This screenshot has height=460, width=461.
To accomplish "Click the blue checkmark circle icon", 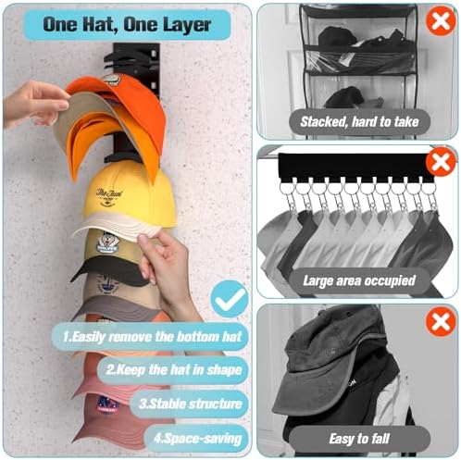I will coord(228,299).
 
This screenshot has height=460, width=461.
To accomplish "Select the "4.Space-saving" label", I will coord(198,437).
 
